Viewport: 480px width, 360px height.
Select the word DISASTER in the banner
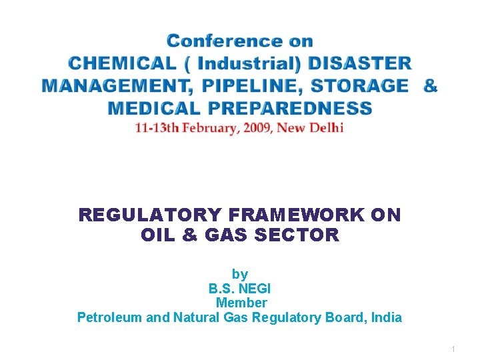(359, 64)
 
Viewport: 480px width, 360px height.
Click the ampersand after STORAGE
(431, 86)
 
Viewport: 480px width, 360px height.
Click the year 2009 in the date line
(250, 127)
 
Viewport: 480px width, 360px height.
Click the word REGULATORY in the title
(151, 215)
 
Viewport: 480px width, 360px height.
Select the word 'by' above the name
(240, 274)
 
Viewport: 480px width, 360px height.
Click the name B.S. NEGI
(240, 289)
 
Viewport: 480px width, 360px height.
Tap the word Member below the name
(240, 303)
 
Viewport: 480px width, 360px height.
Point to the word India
(387, 317)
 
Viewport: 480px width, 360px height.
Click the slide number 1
(453, 349)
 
